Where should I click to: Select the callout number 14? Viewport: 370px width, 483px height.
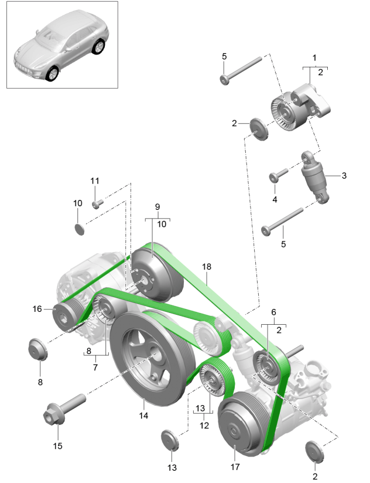pyautogui.click(x=143, y=416)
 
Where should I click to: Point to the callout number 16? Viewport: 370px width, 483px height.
pyautogui.click(x=37, y=308)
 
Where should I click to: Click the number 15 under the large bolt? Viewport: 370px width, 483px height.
pyautogui.click(x=57, y=445)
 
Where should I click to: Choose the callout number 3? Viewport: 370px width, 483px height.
pyautogui.click(x=344, y=175)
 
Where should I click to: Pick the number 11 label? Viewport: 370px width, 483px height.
pyautogui.click(x=95, y=181)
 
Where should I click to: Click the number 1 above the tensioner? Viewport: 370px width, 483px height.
pyautogui.click(x=314, y=58)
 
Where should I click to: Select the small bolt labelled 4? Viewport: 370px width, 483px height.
pyautogui.click(x=278, y=174)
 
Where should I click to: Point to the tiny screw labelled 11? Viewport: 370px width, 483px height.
pyautogui.click(x=97, y=204)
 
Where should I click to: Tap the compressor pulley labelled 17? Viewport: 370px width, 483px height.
pyautogui.click(x=240, y=426)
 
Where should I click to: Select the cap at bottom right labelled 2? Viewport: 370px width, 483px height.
pyautogui.click(x=314, y=452)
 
